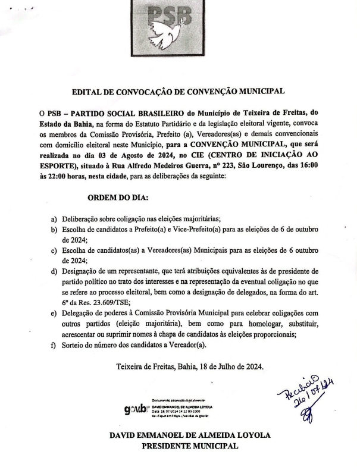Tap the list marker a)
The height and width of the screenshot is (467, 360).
(55, 219)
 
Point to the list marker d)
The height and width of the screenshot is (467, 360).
(55, 272)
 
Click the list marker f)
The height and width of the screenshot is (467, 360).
(55, 345)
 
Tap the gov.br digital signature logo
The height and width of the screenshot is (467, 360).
(136, 410)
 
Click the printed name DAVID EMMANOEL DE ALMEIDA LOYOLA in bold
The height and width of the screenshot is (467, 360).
(189, 435)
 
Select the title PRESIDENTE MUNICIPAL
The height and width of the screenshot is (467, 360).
(189, 446)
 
